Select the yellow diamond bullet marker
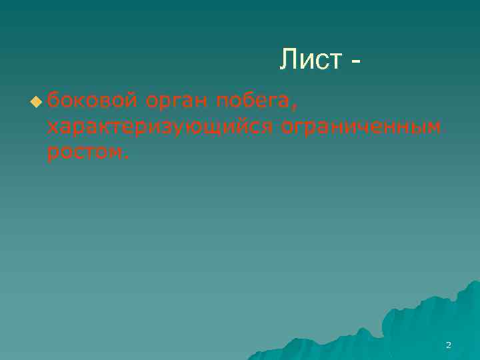coord(35,102)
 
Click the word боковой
coord(93,101)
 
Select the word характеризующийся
coord(161,127)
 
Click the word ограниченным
coord(361,127)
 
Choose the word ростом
coord(84,153)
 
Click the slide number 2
coord(448,345)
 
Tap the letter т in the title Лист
coord(335,61)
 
